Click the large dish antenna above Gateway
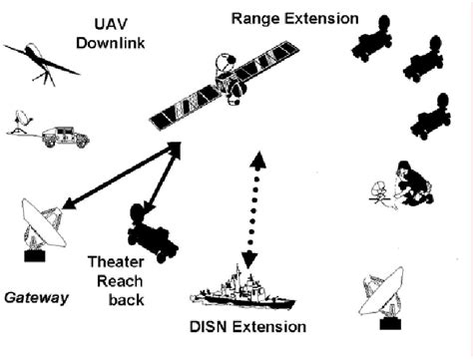point(43,225)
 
